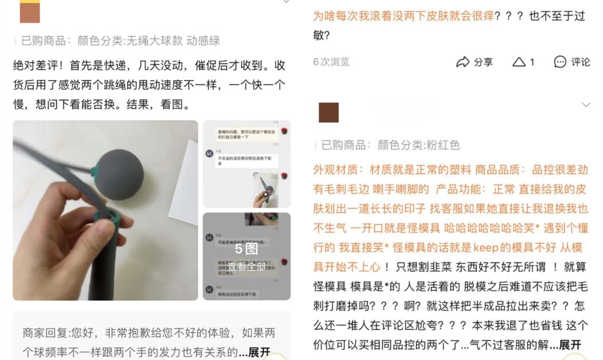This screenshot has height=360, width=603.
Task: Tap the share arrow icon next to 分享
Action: click(463, 62)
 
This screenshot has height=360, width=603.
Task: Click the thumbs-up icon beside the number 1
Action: click(519, 62)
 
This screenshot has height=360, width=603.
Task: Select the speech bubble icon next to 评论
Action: click(560, 62)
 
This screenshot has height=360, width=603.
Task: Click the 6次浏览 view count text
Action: click(331, 62)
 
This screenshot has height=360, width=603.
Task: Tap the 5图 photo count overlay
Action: click(246, 249)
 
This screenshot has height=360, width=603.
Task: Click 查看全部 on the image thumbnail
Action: click(246, 266)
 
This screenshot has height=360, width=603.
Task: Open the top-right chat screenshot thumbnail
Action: click(246, 164)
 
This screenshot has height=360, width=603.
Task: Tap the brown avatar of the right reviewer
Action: click(329, 112)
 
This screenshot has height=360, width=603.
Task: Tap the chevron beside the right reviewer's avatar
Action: click(586, 105)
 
